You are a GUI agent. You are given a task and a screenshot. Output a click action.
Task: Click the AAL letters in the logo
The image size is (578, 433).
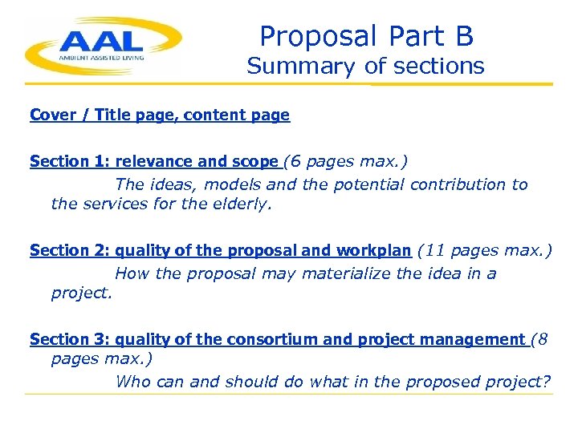(101, 39)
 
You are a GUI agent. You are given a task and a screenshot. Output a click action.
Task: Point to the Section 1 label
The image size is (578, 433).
(61, 161)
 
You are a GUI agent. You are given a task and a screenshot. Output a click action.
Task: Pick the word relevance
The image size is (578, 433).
(150, 161)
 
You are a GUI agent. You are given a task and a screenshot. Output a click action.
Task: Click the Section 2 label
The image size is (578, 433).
(61, 250)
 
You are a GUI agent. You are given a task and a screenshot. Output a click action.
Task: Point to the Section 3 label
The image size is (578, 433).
(61, 339)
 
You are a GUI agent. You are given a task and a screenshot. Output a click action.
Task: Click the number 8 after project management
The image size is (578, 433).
(543, 339)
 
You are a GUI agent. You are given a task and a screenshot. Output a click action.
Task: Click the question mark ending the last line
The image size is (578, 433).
(547, 382)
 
